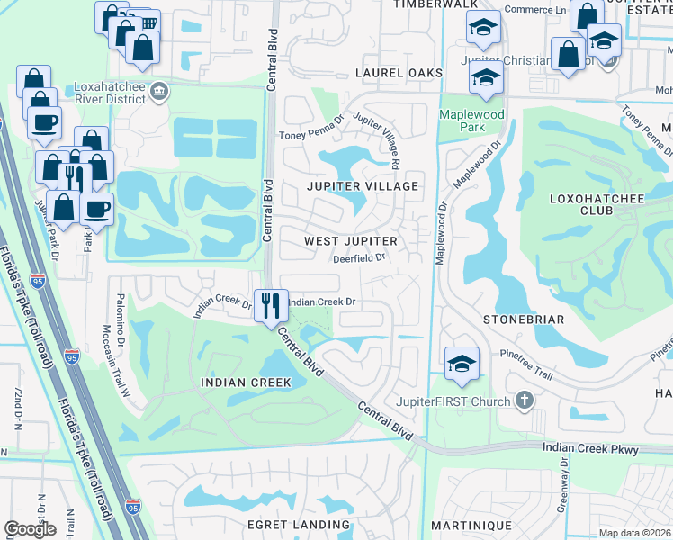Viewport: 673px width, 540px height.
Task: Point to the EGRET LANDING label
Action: [x=298, y=525]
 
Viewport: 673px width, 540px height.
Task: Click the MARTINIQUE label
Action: [x=471, y=525]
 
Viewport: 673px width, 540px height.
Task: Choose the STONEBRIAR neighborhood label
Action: [x=523, y=319]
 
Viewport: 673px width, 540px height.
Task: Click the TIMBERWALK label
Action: [x=435, y=4]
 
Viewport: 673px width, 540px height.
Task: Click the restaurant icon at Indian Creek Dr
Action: [x=271, y=305]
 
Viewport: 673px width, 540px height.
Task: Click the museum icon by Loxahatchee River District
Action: [x=159, y=90]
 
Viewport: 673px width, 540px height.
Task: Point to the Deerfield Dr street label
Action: [x=359, y=257]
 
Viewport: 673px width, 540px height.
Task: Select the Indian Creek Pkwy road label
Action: [x=589, y=448]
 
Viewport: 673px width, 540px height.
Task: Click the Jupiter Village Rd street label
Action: [x=375, y=140]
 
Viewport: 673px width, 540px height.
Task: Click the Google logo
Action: [x=31, y=529]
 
